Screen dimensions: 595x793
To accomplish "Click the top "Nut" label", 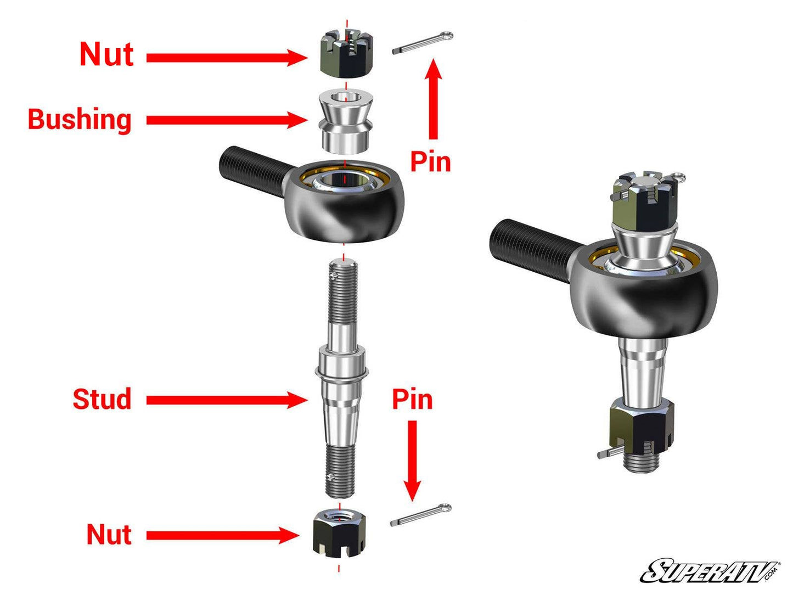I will click(x=106, y=55).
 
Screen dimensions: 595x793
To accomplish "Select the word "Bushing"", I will click(x=80, y=119).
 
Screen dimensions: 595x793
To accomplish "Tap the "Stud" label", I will click(x=102, y=399).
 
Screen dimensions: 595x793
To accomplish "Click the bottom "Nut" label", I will click(x=109, y=534).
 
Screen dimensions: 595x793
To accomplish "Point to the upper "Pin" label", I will click(x=430, y=162).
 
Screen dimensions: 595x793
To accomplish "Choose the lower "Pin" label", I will click(x=412, y=400).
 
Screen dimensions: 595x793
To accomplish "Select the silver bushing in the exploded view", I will click(x=345, y=121).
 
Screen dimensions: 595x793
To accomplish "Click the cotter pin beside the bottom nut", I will click(x=421, y=515).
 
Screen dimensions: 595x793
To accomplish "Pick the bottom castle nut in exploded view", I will click(x=339, y=532).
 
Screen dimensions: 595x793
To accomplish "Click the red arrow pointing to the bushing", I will click(x=225, y=120).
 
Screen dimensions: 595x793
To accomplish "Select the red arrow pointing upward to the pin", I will click(x=434, y=99).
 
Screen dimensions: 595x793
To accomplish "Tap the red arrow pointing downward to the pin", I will click(x=412, y=461).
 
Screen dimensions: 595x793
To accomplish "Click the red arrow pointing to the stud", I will click(x=225, y=400).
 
